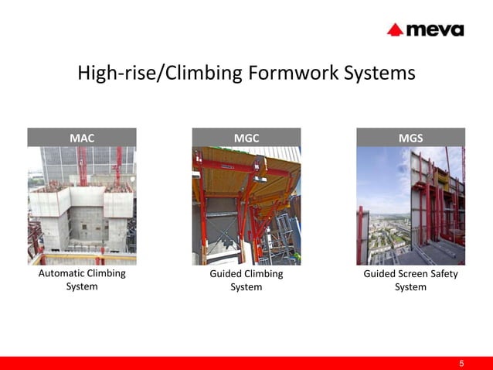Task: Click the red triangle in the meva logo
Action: click(395, 29)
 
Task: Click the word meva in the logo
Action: click(434, 29)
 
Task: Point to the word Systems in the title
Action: click(379, 74)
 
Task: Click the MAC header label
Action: click(82, 138)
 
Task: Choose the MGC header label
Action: click(246, 138)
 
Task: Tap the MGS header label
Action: click(410, 138)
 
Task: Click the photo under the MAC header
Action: click(82, 206)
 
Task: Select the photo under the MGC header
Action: click(246, 206)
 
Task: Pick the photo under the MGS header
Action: click(410, 206)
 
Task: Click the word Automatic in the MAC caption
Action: click(62, 274)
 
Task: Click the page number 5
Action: click(461, 363)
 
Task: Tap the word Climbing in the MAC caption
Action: click(106, 274)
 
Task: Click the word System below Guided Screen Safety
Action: click(410, 287)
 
